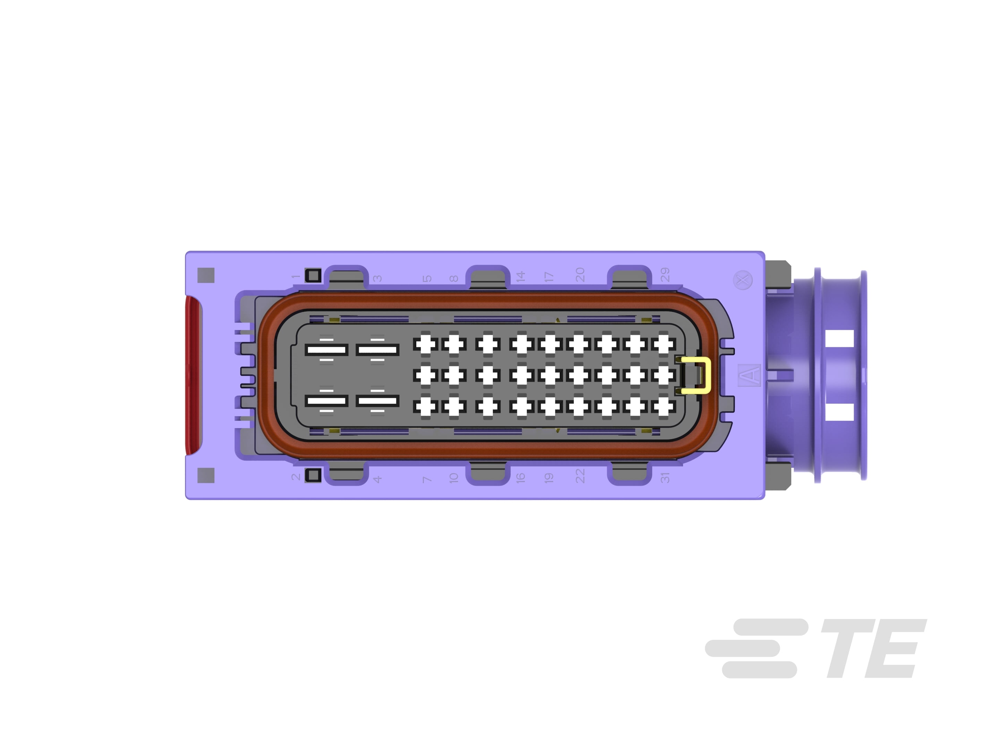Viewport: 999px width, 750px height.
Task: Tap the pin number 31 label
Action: [x=665, y=478]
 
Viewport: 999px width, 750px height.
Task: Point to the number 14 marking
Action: [x=520, y=276]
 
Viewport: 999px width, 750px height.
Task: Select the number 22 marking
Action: [x=580, y=476]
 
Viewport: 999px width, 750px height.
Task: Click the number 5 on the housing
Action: [x=427, y=278]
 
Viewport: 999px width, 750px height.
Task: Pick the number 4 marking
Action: [x=377, y=479]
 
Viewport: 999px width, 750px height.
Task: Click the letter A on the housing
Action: [x=749, y=375]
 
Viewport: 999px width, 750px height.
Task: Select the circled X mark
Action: [x=742, y=280]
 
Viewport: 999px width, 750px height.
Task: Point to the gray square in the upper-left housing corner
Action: [x=206, y=275]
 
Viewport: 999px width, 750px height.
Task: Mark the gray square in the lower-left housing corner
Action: [x=206, y=475]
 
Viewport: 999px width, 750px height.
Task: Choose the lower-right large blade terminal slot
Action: [x=377, y=401]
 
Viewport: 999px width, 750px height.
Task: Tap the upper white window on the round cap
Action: [x=839, y=339]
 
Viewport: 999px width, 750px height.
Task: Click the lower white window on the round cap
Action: [x=839, y=412]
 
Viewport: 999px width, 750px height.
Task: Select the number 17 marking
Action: [x=549, y=277]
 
